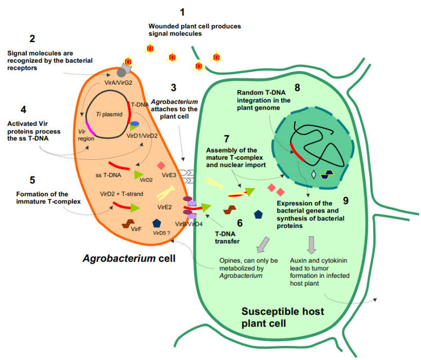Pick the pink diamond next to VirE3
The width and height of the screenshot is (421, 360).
(160, 165)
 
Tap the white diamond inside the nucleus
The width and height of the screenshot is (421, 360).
(314, 174)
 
